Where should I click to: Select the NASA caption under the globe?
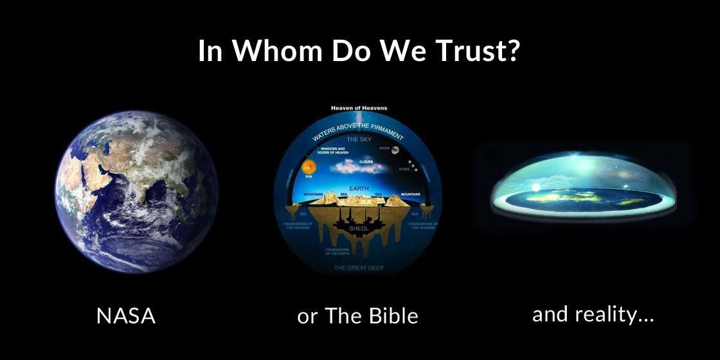coord(125,316)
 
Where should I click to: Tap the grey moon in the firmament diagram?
coord(394,150)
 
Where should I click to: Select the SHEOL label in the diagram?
coord(360,228)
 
